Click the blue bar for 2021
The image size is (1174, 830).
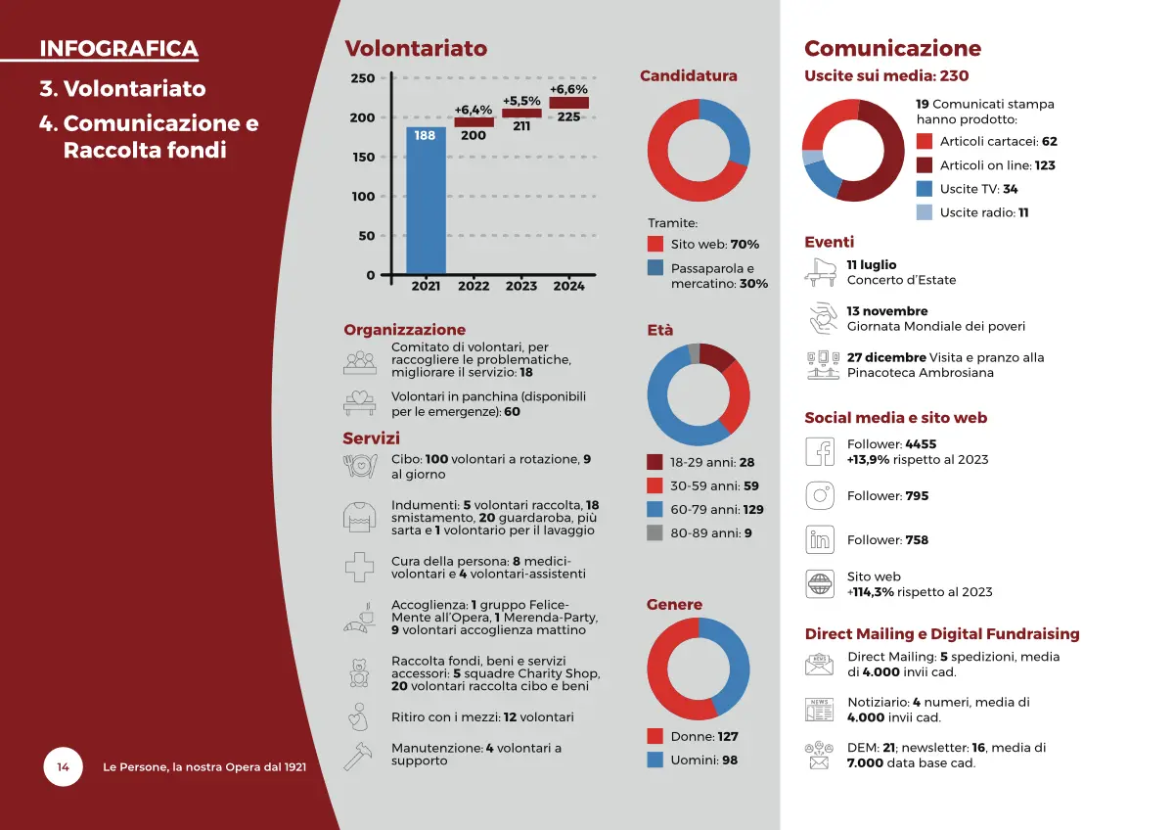[426, 201]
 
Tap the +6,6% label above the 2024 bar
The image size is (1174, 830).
[568, 89]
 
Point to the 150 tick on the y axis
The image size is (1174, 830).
[363, 157]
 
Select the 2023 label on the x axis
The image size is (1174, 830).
[521, 286]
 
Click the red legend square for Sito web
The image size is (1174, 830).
[655, 244]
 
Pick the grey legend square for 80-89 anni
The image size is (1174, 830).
[655, 533]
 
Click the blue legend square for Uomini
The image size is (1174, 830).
[655, 760]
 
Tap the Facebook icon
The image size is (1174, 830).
[820, 451]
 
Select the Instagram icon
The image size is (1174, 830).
[820, 495]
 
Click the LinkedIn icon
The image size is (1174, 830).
[820, 539]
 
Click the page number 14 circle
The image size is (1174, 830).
[63, 766]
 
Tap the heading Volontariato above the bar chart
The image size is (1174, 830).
[416, 49]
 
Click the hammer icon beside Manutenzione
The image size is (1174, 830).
[359, 756]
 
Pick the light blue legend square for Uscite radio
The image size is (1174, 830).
[925, 212]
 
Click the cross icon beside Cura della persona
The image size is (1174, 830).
[359, 567]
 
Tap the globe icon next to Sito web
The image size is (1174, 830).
[820, 583]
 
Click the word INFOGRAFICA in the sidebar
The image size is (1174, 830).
[118, 49]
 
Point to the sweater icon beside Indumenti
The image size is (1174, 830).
[359, 517]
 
